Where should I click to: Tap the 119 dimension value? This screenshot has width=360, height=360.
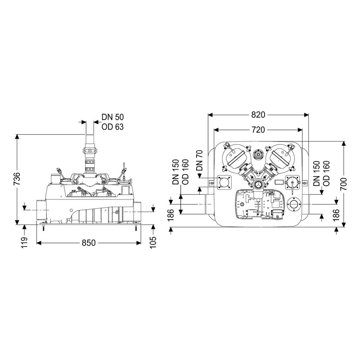click(x=24, y=242)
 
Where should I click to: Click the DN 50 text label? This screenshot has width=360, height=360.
click(x=112, y=117)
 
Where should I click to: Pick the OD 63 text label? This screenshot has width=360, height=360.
click(x=112, y=127)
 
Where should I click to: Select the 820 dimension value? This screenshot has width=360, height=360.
click(x=258, y=114)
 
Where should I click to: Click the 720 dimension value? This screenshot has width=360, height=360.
click(x=258, y=130)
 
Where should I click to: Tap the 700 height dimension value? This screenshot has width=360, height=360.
click(x=343, y=184)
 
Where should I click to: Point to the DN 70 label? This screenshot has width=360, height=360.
click(x=199, y=160)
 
